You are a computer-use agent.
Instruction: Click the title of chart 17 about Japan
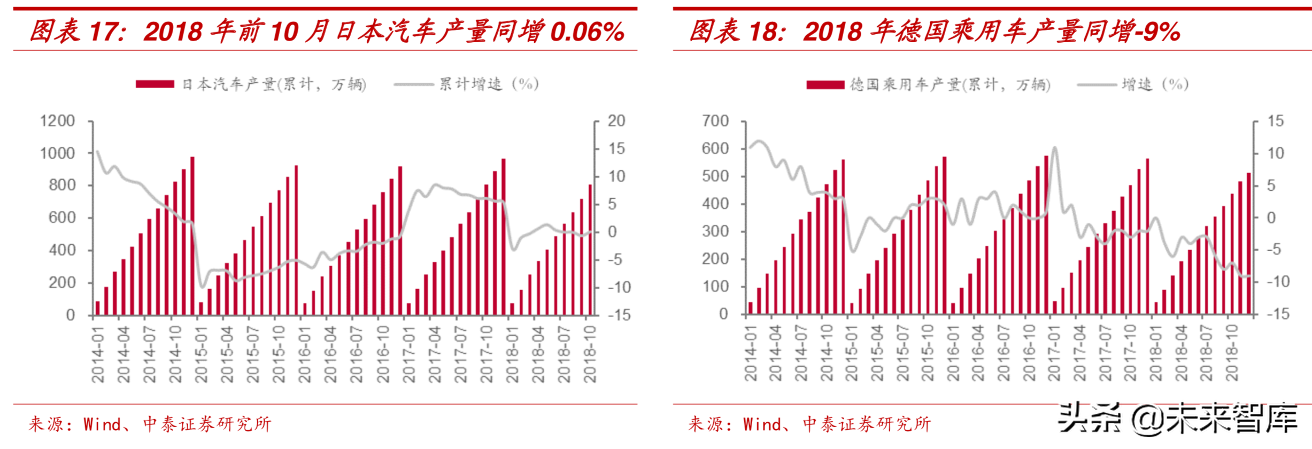click(x=326, y=31)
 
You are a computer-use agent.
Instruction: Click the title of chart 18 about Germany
click(x=935, y=31)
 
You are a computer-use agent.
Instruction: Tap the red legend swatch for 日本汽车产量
click(x=155, y=84)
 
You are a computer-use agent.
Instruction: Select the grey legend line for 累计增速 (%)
click(x=413, y=84)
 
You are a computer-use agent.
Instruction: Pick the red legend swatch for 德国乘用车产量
click(x=825, y=84)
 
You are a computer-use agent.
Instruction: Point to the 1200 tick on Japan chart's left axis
click(x=57, y=121)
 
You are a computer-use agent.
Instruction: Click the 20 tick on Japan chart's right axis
click(x=616, y=121)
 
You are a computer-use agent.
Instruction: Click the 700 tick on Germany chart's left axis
click(x=715, y=121)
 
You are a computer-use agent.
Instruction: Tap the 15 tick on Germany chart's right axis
click(x=1275, y=121)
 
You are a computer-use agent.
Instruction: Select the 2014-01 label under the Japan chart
click(x=98, y=355)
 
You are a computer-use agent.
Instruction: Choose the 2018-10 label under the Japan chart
click(x=590, y=355)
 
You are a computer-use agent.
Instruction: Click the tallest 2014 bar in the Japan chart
click(x=192, y=235)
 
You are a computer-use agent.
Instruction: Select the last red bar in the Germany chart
click(x=1249, y=243)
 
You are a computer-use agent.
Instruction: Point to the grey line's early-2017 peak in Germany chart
click(x=1054, y=148)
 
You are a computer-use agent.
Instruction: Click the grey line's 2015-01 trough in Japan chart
click(x=202, y=287)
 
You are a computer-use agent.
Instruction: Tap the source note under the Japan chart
click(x=150, y=424)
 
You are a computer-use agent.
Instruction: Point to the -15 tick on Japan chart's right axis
click(x=619, y=315)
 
